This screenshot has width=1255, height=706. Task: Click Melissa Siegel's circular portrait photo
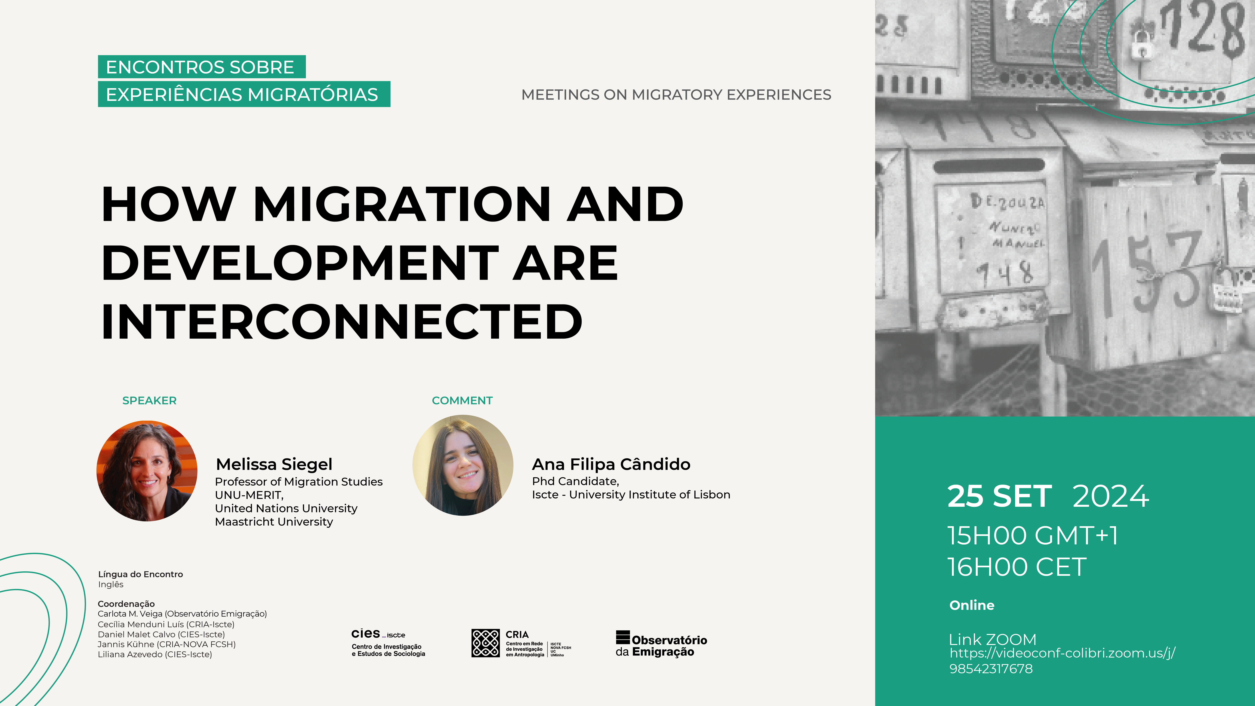(147, 471)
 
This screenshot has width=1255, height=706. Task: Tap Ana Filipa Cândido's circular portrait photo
(463, 465)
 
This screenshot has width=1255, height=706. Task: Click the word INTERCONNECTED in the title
(342, 322)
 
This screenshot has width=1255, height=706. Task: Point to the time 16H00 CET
(1017, 567)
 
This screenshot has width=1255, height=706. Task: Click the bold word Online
(972, 605)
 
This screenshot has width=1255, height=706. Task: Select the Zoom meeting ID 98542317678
(991, 669)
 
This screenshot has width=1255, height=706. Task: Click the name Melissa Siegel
(274, 464)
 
